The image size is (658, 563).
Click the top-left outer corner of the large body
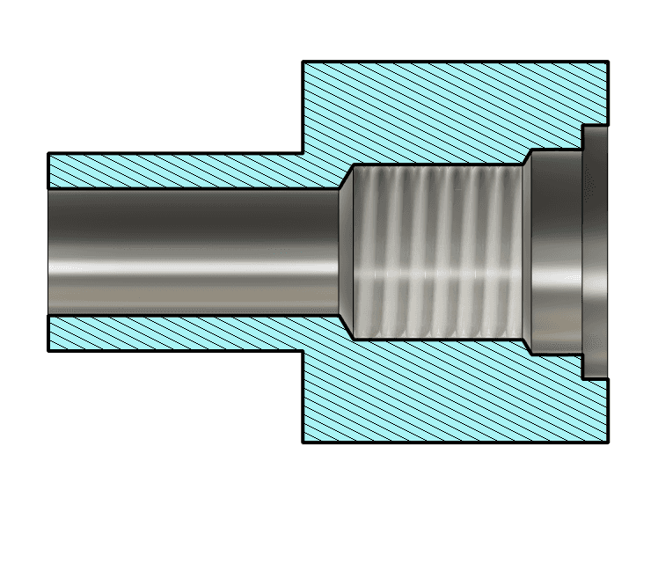303,62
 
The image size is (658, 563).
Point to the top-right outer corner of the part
607,62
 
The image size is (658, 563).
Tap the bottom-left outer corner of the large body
303,442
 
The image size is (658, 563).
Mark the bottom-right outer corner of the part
607,442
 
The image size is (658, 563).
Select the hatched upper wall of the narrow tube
176,171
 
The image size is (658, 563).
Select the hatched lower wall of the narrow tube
176,333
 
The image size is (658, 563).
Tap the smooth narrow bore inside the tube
194,252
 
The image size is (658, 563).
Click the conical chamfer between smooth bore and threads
345,252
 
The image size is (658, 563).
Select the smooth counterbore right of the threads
552,252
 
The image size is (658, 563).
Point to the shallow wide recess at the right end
595,252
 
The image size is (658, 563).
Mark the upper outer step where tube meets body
303,153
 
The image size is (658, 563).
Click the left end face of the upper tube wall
48,171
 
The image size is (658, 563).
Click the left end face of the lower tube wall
48,333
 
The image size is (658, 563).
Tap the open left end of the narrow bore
50,252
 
